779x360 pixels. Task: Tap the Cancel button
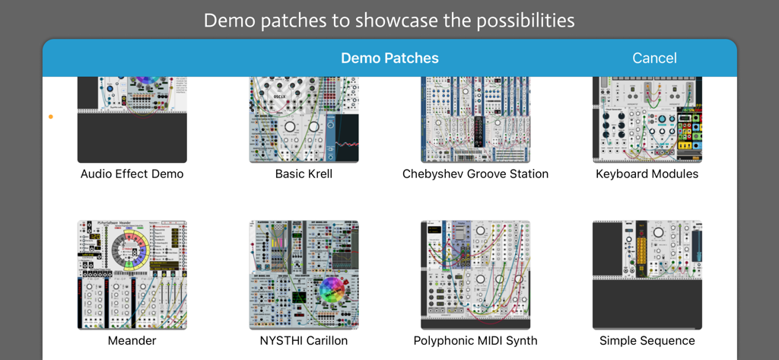(653, 58)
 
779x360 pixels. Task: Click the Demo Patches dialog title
(389, 58)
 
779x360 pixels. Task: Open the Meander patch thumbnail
(132, 275)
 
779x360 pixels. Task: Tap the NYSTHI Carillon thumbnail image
(304, 275)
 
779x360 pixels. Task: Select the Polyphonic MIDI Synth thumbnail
(475, 275)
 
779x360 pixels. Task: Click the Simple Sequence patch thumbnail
(647, 275)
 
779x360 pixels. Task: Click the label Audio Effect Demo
(132, 174)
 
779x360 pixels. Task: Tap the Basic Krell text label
(304, 174)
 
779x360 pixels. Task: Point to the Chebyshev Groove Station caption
(475, 174)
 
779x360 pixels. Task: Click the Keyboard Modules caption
(647, 174)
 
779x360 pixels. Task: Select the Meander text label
(132, 340)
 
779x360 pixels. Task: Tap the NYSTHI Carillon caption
(304, 340)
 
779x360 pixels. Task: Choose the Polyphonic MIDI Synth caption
(475, 340)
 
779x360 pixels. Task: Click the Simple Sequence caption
(647, 340)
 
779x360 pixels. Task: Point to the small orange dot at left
(51, 117)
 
